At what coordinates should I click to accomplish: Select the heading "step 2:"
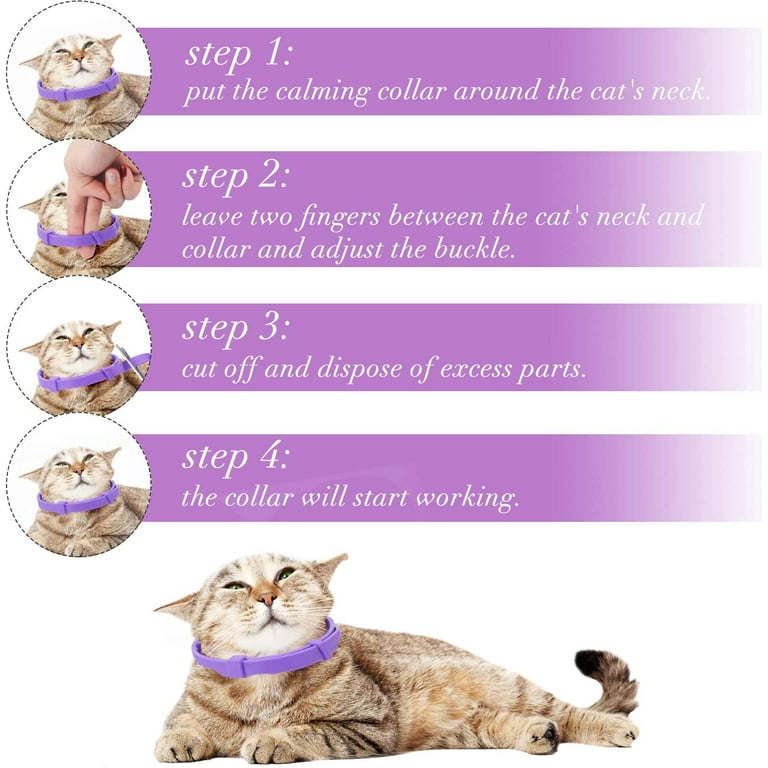click(x=236, y=177)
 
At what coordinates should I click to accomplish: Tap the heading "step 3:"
click(x=236, y=328)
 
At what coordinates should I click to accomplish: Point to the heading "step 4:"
click(x=236, y=458)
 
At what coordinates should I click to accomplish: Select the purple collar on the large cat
click(x=265, y=656)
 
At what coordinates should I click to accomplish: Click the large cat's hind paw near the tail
click(x=539, y=735)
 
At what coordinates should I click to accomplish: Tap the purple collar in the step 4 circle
click(x=78, y=503)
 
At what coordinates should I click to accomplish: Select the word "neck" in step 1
click(x=680, y=93)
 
